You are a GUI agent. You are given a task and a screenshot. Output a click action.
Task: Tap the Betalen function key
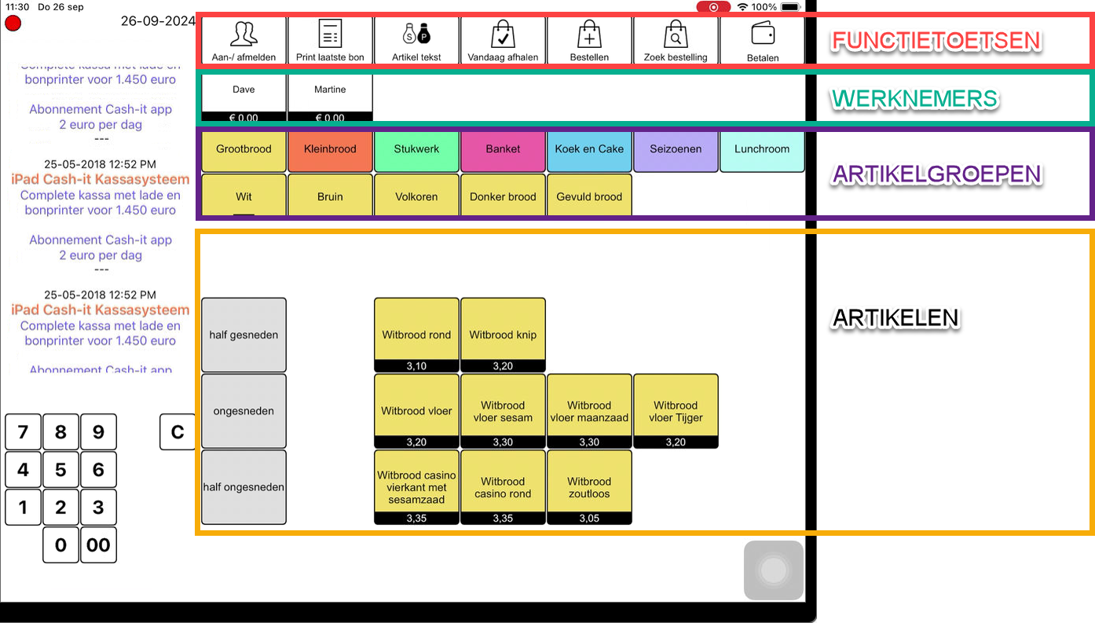point(762,41)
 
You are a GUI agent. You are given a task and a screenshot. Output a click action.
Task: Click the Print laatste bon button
point(330,41)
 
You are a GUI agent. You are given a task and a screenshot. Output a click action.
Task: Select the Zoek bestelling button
point(676,41)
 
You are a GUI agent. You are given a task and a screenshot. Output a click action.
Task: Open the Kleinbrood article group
point(330,149)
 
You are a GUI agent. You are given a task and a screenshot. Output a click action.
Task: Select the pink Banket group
point(503,149)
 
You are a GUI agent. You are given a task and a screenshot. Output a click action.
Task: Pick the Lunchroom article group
point(762,149)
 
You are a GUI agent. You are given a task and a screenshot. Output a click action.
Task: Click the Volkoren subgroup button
point(416,196)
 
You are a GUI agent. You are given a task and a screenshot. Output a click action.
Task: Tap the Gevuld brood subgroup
point(589,196)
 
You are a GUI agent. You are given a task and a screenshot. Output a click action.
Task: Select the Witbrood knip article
point(503,334)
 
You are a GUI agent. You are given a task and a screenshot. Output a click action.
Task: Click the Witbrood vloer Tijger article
point(676,410)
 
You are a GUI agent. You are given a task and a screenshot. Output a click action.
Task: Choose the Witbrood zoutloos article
point(589,486)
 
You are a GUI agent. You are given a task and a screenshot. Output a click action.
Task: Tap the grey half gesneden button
point(244,335)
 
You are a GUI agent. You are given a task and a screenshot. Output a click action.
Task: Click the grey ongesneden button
point(244,411)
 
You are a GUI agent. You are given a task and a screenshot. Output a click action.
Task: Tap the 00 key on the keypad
point(98,545)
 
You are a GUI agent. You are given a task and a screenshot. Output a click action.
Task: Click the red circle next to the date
point(13,23)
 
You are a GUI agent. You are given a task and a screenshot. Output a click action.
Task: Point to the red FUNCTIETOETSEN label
point(936,41)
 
